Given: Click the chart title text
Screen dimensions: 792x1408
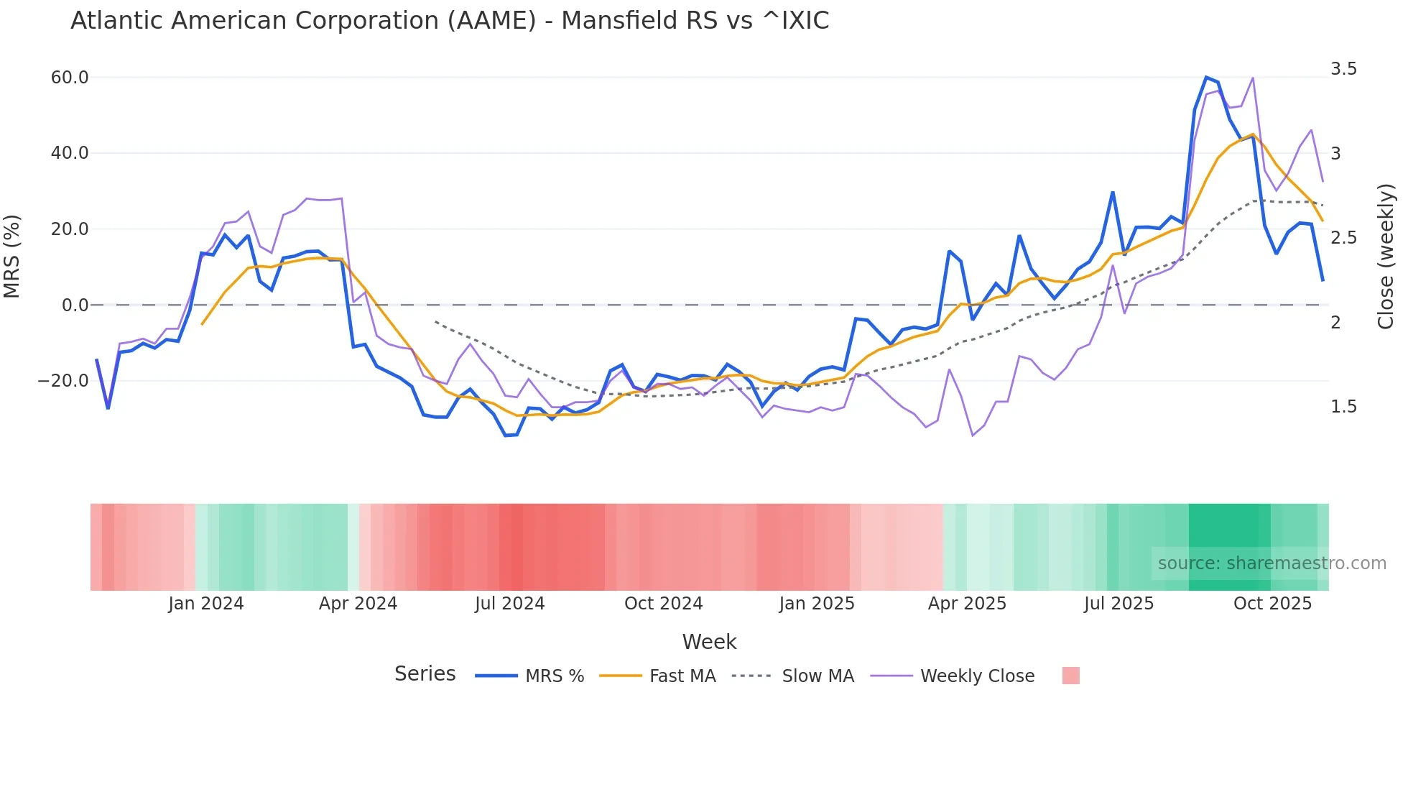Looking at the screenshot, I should pos(450,21).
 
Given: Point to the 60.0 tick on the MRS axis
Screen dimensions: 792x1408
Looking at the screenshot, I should pos(70,78).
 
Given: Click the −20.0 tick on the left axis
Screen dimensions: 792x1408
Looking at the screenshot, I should pos(63,381).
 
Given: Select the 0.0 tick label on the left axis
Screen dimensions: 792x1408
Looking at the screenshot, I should pos(75,305).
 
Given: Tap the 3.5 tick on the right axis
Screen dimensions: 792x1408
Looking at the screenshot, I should pos(1343,69).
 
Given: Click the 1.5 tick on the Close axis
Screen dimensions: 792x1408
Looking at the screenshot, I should pos(1343,407).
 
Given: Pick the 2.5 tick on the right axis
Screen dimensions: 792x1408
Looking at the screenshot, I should pos(1343,238).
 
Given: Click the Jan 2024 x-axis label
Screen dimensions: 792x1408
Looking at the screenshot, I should pos(206,604).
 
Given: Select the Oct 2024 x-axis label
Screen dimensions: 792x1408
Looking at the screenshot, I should pos(663,604).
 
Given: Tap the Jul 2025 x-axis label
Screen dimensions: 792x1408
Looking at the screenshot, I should pos(1118,604).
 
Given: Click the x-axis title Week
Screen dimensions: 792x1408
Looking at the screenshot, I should pos(709,642).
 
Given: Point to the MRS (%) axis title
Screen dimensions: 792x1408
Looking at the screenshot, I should pos(12,257).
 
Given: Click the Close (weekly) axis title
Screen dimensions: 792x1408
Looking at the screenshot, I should pos(1386,257).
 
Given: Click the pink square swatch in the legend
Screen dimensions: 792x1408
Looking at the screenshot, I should pos(1070,676).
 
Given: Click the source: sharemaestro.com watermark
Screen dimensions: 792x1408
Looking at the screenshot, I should pos(1272,563).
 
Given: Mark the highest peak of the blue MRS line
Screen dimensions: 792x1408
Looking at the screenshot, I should pos(1206,77).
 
